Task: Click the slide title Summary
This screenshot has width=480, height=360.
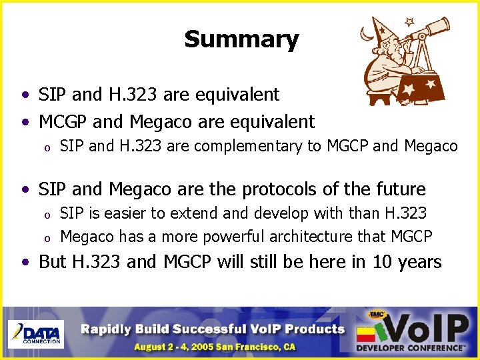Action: (x=241, y=39)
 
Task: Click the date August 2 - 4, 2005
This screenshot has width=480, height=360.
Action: (x=179, y=347)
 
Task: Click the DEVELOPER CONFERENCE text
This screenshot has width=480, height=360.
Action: (x=410, y=347)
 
